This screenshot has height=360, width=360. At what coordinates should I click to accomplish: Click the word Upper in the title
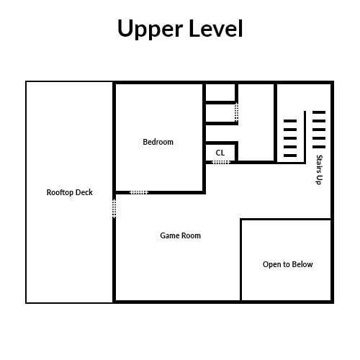[150, 30]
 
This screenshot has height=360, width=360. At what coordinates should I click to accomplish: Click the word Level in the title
[216, 28]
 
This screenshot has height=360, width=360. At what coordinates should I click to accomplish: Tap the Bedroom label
[158, 142]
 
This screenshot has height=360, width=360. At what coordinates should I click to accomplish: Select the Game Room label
[180, 235]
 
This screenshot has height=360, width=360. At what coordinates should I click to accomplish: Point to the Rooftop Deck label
[70, 192]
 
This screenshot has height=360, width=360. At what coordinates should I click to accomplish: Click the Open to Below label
[288, 264]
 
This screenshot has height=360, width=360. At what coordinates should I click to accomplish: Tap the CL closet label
[220, 153]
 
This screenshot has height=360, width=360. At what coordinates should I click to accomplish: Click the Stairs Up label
[319, 170]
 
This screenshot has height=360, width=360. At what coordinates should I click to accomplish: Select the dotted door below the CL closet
[221, 163]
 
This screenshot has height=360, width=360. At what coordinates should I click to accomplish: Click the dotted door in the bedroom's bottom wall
[139, 192]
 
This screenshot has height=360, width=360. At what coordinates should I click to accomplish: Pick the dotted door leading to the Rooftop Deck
[114, 209]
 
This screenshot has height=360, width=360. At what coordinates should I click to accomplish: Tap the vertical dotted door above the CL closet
[236, 112]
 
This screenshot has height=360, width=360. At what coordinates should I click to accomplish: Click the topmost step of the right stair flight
[319, 112]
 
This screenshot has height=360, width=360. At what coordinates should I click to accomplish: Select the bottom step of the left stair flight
[290, 156]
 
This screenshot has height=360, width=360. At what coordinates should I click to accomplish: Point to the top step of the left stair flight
[290, 121]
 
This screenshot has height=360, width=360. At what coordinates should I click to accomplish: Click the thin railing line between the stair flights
[305, 137]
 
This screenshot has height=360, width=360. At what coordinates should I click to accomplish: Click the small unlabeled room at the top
[220, 92]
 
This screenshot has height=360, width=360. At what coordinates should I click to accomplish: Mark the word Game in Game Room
[168, 235]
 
